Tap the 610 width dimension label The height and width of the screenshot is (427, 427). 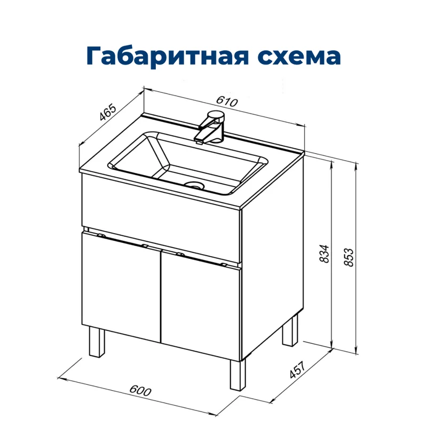(x=227, y=101)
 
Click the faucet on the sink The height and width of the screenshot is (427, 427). (x=212, y=126)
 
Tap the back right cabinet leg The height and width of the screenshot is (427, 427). (x=291, y=330)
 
